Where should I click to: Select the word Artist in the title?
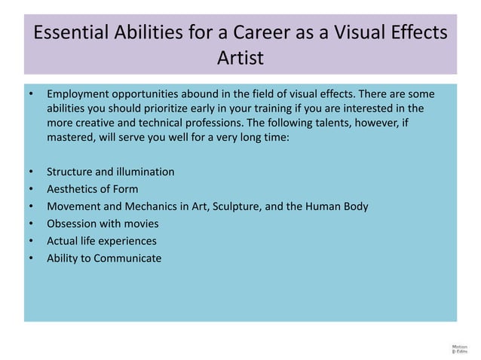click(x=240, y=58)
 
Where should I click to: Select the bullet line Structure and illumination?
click(x=110, y=172)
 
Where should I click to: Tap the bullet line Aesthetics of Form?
click(x=92, y=189)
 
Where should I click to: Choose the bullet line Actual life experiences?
click(x=102, y=241)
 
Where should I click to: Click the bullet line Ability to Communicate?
click(x=104, y=258)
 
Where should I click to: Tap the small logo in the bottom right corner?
click(x=458, y=348)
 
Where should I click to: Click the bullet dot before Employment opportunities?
click(x=31, y=95)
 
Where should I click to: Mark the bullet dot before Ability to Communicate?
click(x=31, y=259)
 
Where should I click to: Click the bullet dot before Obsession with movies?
click(x=31, y=224)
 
